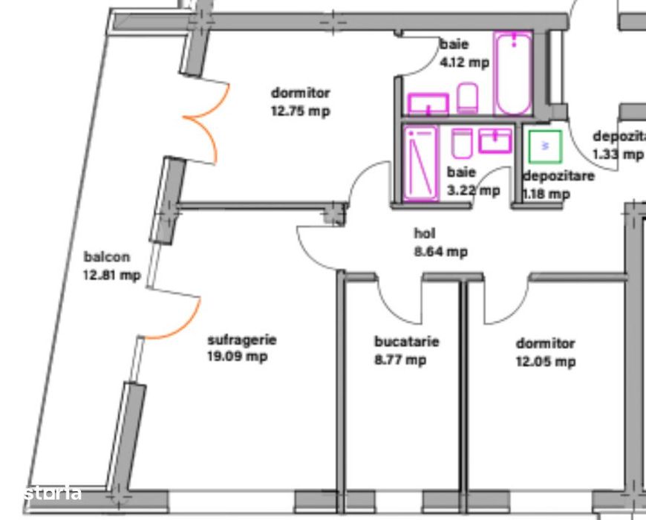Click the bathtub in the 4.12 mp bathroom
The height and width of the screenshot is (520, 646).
click(514, 73)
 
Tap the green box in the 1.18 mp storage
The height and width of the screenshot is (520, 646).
click(545, 147)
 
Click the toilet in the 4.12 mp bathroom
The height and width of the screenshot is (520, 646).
click(467, 99)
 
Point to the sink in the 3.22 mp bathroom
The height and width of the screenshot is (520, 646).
click(495, 140)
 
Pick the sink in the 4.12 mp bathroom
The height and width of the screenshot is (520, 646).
click(428, 104)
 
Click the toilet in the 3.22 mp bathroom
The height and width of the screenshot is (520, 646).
click(462, 143)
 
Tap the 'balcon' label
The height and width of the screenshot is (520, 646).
click(107, 258)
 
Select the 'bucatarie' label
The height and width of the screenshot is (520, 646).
click(406, 342)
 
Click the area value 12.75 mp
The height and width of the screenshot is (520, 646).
click(300, 111)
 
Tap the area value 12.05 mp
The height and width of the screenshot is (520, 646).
click(546, 362)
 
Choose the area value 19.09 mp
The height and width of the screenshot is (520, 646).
click(238, 357)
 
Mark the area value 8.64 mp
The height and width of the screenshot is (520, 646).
click(440, 252)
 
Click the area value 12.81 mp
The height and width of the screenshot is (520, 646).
click(112, 276)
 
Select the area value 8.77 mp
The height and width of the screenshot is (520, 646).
click(401, 360)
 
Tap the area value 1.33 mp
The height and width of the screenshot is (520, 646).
click(618, 154)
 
